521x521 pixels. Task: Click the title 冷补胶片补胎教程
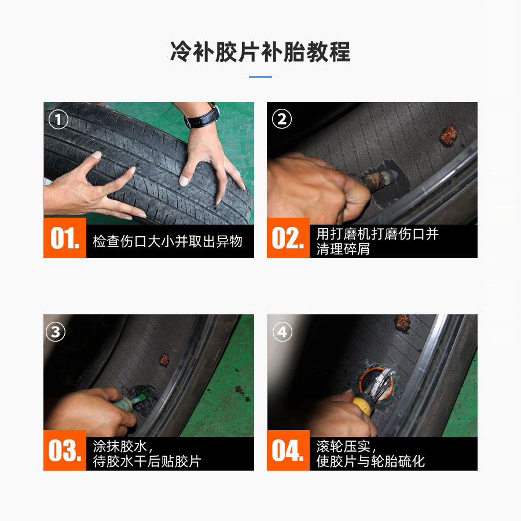pos(260,52)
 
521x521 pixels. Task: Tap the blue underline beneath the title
pos(260,77)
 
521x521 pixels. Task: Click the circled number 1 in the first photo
pos(58,120)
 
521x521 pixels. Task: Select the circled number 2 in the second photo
pos(282,119)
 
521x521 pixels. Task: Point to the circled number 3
pos(56,332)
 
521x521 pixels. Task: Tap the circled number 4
pos(282,332)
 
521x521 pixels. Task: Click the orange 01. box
pos(65,238)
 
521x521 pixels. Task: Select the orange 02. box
pos(288,238)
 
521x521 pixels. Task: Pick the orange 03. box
pos(65,450)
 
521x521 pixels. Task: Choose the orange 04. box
pos(288,450)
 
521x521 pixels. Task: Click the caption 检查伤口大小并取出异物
pos(167,241)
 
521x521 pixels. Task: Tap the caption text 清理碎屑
pos(343,249)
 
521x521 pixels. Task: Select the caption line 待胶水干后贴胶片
pos(147,461)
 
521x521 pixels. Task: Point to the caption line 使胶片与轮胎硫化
pos(370,461)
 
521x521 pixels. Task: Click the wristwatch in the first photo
pos(203,116)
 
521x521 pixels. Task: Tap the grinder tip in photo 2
pos(391,176)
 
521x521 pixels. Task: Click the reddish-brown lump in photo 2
pos(449,135)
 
